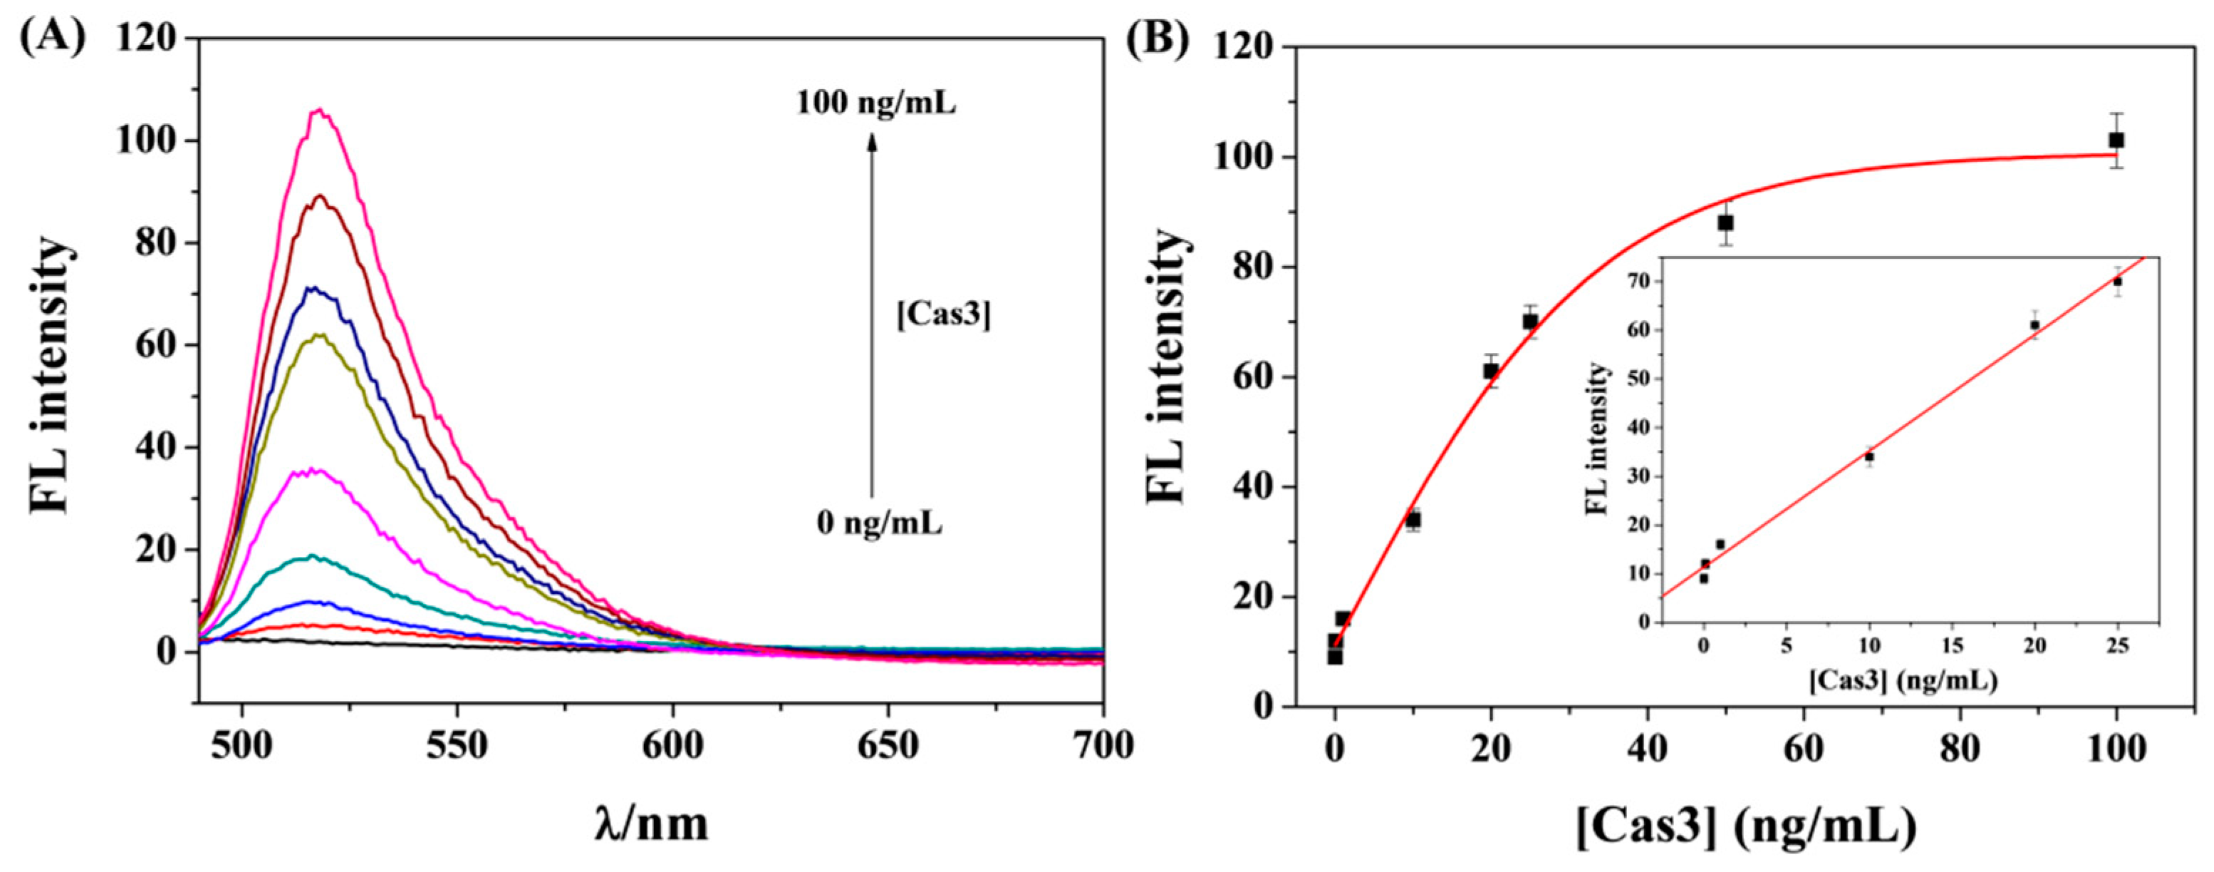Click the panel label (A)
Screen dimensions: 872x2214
click(x=53, y=39)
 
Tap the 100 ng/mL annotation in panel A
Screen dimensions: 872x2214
click(x=875, y=104)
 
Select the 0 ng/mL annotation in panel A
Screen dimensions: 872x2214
click(x=879, y=522)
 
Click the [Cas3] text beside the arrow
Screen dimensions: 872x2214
click(x=943, y=316)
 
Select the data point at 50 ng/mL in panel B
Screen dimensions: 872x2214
click(x=1725, y=222)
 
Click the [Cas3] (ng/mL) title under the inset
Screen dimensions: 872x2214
click(x=1902, y=681)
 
